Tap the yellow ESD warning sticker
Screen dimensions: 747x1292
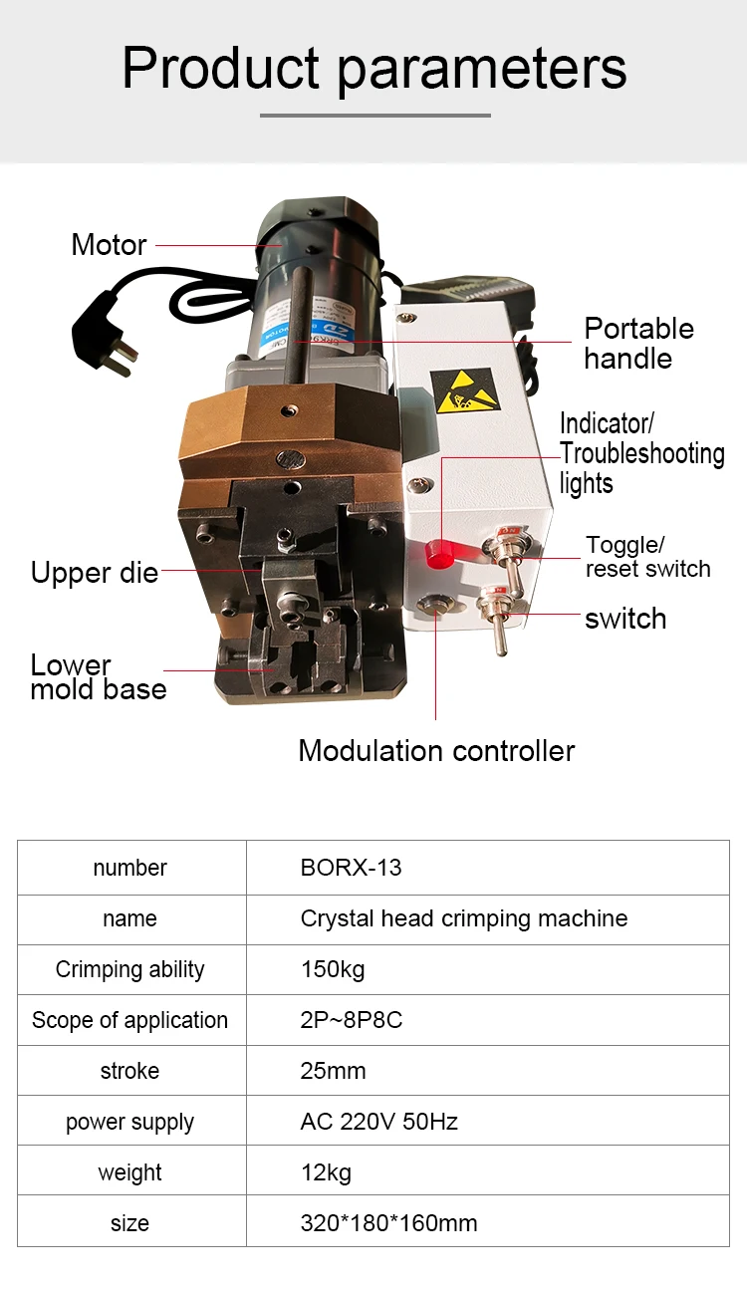(x=463, y=390)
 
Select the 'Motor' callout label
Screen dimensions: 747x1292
(x=109, y=244)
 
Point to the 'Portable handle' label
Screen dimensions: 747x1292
(x=638, y=343)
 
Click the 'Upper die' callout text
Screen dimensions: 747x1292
(x=95, y=573)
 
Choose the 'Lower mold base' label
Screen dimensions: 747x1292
(x=98, y=676)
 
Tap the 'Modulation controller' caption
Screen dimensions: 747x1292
(x=436, y=750)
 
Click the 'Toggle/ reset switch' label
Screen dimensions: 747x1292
(x=647, y=557)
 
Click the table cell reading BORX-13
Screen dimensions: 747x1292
(x=352, y=868)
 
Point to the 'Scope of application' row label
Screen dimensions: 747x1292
(x=129, y=1020)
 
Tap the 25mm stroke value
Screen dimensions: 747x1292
(x=333, y=1071)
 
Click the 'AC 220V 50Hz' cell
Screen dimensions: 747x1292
(x=378, y=1122)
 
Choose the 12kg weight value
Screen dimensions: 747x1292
(x=326, y=1172)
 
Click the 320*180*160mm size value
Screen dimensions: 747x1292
(x=388, y=1223)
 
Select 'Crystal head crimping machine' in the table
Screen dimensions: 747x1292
(x=463, y=918)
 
